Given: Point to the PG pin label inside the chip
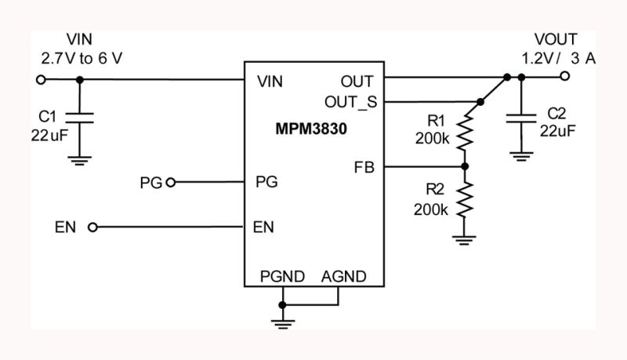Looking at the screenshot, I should click(x=266, y=182).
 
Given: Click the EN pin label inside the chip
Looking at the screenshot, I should click(x=263, y=227).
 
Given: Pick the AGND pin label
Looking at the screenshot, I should click(x=343, y=276).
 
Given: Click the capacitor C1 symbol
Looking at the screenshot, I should click(x=79, y=117).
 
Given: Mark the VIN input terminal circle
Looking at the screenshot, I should click(x=41, y=79).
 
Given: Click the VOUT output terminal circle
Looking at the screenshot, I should click(x=564, y=77).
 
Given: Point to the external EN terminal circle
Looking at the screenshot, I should click(x=93, y=227).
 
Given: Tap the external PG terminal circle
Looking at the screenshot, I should click(x=170, y=182).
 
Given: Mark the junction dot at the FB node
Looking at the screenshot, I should click(x=464, y=166).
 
